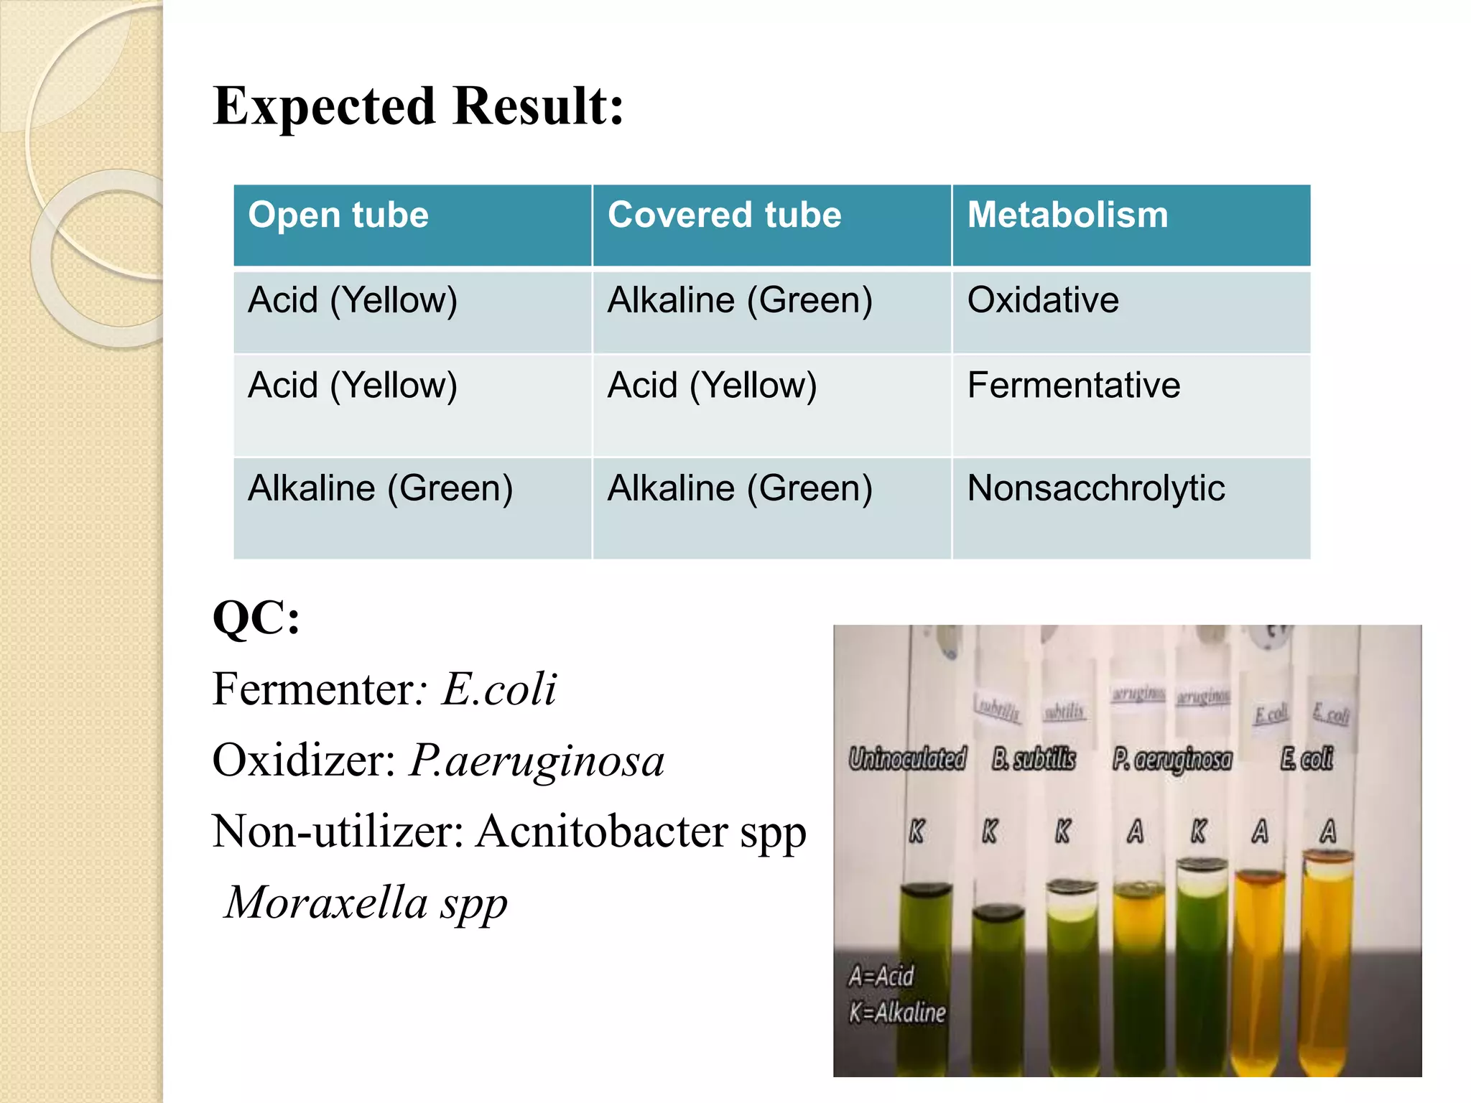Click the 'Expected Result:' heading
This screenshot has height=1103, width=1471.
(418, 106)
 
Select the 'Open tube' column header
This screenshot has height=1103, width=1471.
(338, 215)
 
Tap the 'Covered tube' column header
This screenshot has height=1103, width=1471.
(724, 215)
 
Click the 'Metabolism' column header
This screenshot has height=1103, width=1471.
(1067, 215)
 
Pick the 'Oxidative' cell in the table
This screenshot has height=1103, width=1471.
(1043, 300)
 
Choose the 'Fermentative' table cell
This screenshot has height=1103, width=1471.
(1073, 386)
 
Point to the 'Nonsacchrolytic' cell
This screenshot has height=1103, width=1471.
(1095, 488)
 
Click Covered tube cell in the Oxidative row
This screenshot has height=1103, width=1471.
(740, 300)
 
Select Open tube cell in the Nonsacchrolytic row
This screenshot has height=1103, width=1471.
(380, 488)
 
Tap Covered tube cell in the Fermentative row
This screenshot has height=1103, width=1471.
(712, 386)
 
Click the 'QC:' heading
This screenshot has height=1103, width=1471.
(256, 618)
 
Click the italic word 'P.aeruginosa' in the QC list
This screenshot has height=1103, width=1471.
(537, 760)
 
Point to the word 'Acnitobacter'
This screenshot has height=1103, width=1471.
(602, 832)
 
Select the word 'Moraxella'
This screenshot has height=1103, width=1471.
(327, 902)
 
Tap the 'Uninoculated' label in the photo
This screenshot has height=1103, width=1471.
(907, 758)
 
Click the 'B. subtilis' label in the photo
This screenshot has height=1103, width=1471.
(1034, 758)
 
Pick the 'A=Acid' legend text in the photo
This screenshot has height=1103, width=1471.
(881, 976)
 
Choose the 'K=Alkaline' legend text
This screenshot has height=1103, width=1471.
(897, 1013)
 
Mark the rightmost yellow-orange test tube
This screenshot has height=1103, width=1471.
(1328, 962)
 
